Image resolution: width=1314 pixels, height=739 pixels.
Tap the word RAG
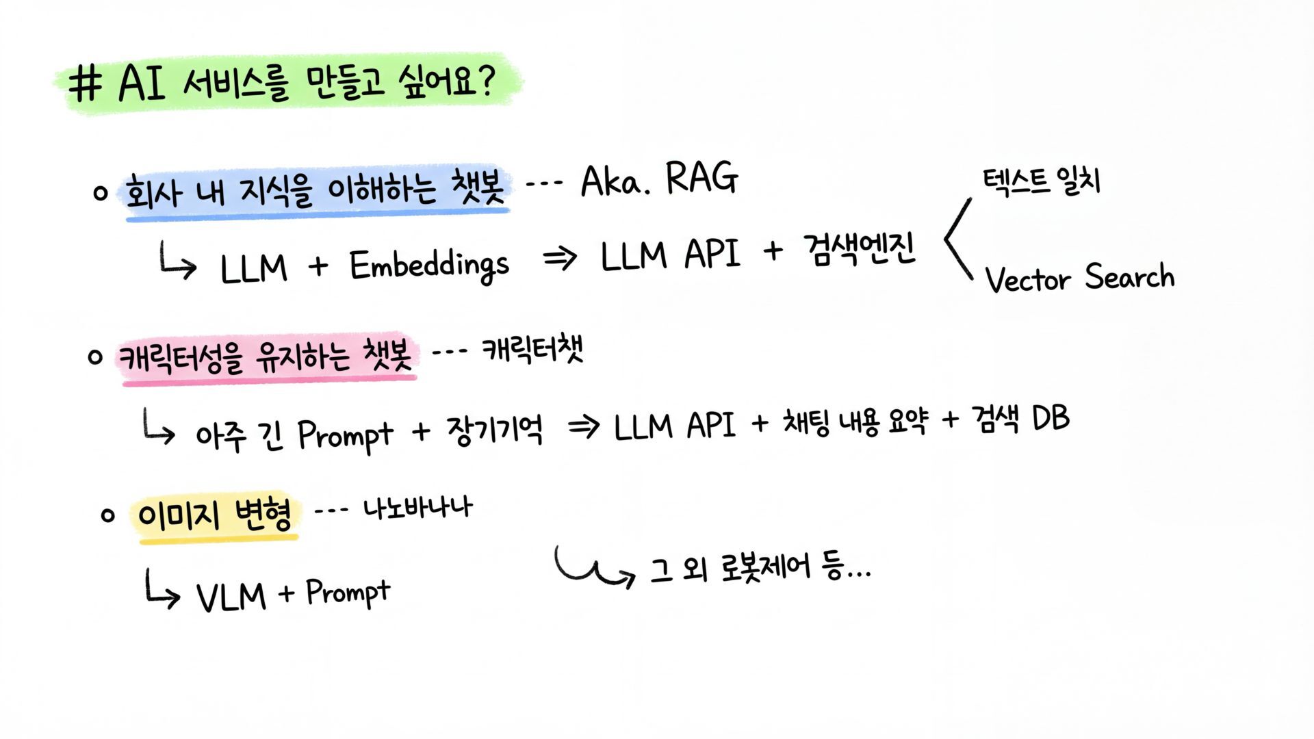(x=701, y=179)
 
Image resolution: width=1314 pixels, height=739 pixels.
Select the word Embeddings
(x=429, y=265)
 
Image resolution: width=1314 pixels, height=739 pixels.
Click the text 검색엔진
(x=860, y=250)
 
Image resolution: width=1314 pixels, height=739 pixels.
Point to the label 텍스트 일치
(x=1041, y=181)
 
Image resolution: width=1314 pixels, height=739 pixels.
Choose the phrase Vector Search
(x=1079, y=278)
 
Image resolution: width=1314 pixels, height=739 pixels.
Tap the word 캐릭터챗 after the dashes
(x=532, y=350)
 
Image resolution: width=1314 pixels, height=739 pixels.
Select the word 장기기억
(x=495, y=431)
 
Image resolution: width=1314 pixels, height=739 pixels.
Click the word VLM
(x=231, y=596)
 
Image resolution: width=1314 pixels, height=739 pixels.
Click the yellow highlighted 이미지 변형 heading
(x=215, y=515)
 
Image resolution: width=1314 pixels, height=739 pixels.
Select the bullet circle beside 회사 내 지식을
(x=101, y=193)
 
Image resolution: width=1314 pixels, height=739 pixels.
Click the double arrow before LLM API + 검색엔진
(x=560, y=259)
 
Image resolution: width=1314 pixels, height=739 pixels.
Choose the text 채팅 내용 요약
(x=855, y=422)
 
